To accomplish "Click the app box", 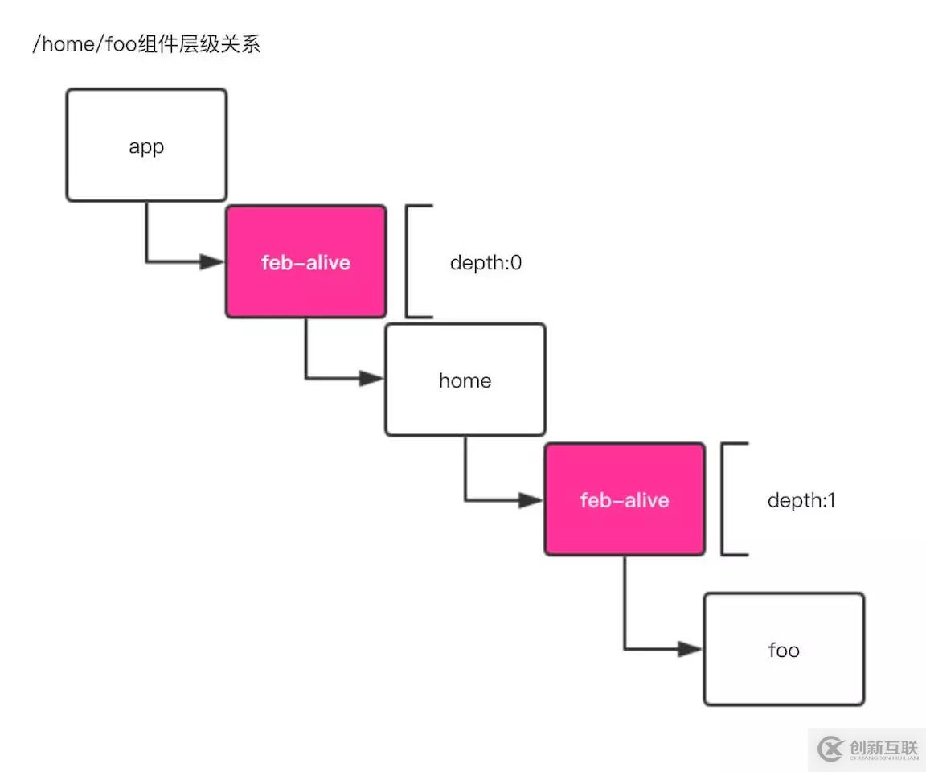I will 146,145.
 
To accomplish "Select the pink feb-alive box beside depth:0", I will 305,261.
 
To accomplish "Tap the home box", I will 465,380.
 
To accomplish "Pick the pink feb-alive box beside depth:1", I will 625,499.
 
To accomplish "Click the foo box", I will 784,649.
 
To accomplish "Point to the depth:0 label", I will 486,262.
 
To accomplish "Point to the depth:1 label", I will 801,500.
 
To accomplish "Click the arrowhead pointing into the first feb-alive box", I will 213,261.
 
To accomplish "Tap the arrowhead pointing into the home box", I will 372,378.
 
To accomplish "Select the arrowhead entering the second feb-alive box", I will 531,500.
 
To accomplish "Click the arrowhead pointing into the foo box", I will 690,648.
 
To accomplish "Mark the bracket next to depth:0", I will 410,261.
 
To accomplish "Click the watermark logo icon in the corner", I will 830,749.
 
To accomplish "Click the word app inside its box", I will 146,148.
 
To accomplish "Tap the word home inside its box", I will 465,380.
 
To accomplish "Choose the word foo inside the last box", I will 784,650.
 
